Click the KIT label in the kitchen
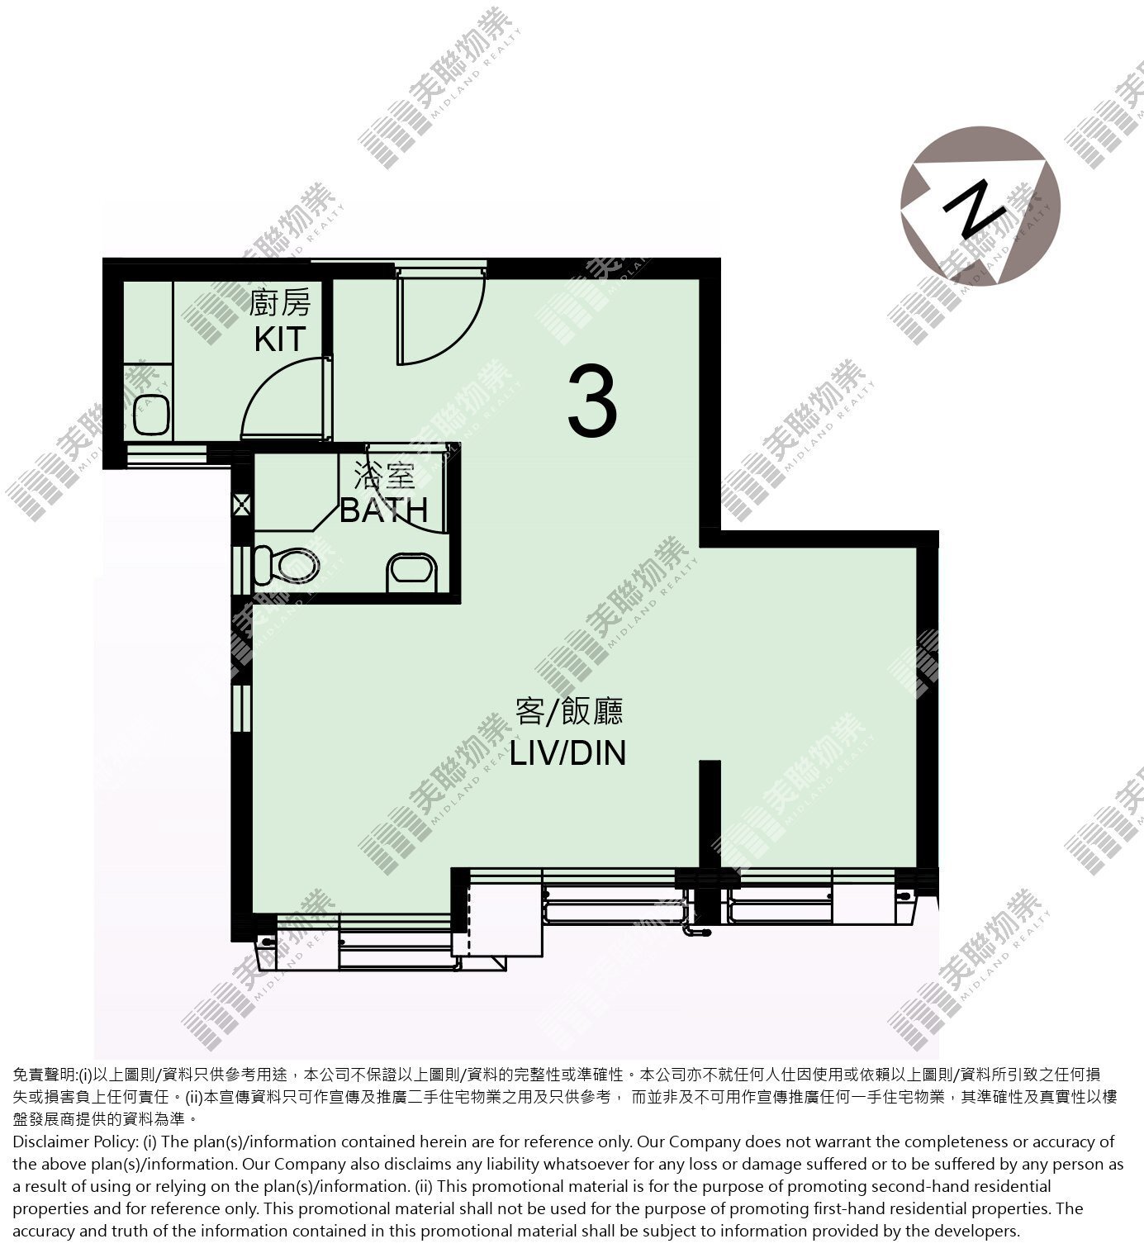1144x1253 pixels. (279, 339)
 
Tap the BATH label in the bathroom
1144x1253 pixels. (383, 510)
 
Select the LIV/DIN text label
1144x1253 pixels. (567, 752)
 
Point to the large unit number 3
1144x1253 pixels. (592, 401)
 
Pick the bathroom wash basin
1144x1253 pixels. (412, 572)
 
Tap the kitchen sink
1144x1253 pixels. (152, 414)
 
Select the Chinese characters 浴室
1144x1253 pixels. (384, 476)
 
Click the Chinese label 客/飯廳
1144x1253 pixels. (569, 711)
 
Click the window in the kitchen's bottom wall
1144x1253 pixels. (166, 454)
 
